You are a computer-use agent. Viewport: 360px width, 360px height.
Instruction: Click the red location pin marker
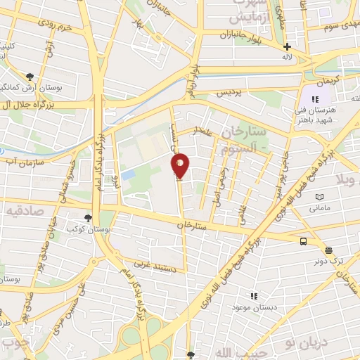point(181,166)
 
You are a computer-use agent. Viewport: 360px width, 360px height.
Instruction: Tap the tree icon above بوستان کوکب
point(88,218)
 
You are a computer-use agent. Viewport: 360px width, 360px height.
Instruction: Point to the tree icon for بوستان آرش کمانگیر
point(30,76)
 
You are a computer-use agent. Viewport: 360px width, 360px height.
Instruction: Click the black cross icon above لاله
point(287,46)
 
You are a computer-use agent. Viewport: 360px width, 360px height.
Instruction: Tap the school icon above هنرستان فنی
point(315,99)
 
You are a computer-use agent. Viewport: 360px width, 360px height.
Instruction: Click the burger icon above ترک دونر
point(328,250)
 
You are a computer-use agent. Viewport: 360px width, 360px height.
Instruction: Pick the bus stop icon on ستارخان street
point(302,241)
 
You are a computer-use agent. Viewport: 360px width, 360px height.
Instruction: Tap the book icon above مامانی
point(320,197)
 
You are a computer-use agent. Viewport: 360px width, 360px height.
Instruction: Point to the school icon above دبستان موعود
point(254,296)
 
